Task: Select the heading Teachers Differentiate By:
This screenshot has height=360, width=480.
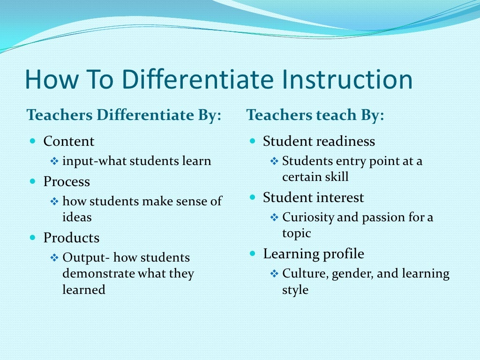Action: click(x=124, y=115)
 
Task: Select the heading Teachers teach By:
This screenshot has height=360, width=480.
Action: click(x=315, y=115)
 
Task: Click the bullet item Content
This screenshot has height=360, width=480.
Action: click(x=68, y=141)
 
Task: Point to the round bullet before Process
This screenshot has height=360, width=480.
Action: click(x=32, y=181)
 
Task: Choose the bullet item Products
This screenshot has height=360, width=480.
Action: click(x=71, y=238)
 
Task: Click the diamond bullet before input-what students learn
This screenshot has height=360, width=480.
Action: click(x=54, y=161)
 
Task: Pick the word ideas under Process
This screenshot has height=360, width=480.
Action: click(x=77, y=217)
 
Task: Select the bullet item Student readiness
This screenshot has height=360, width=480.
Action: click(x=319, y=141)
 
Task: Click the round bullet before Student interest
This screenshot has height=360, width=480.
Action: click(x=252, y=197)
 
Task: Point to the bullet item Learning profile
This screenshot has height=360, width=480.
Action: click(x=313, y=254)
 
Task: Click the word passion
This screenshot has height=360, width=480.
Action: click(x=377, y=217)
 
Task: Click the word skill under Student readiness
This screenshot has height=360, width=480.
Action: click(x=335, y=177)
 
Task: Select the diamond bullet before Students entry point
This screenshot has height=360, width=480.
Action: click(x=274, y=161)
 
